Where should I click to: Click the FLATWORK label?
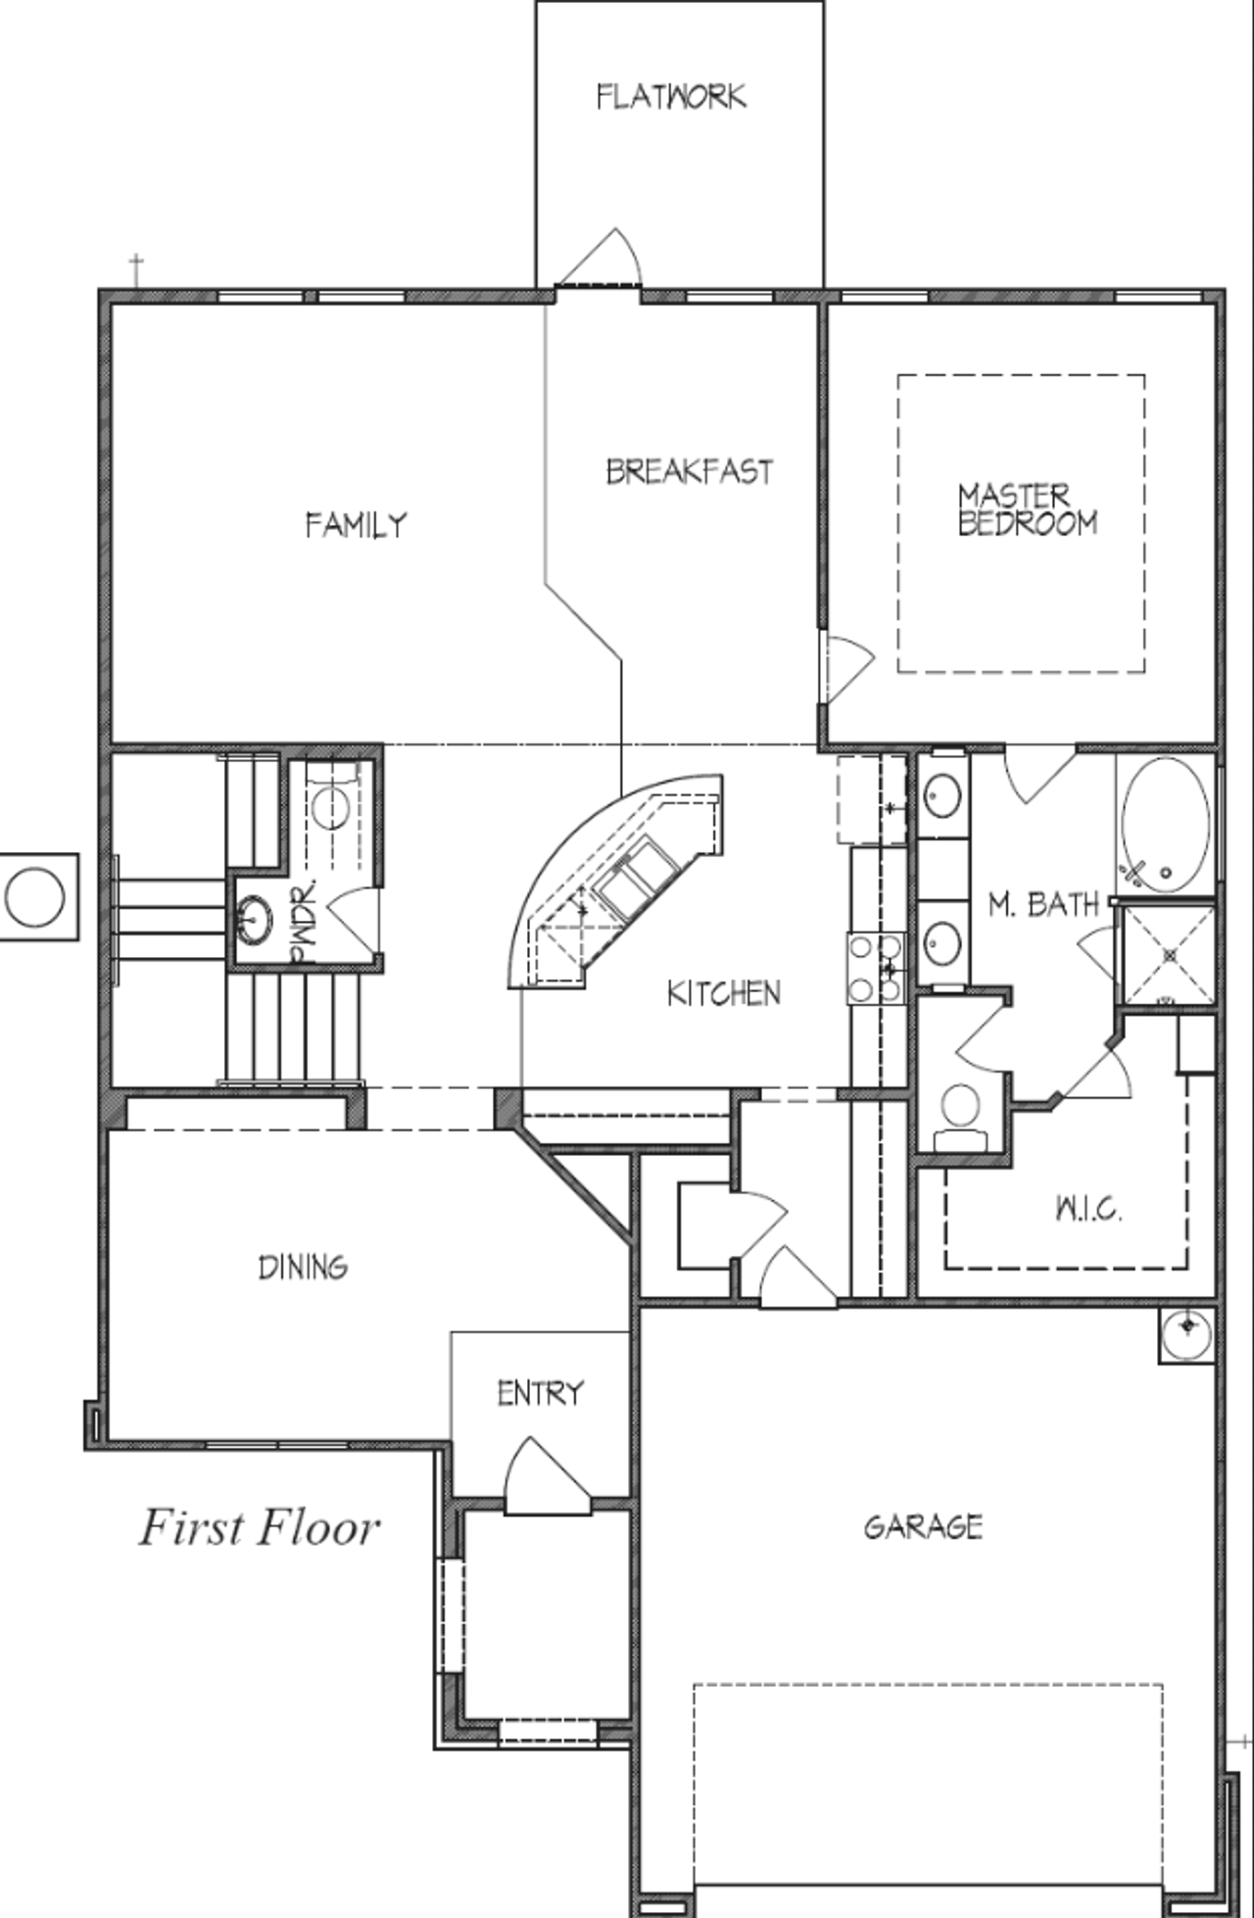pyautogui.click(x=671, y=96)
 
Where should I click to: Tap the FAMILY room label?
pyautogui.click(x=355, y=525)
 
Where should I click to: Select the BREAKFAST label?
pyautogui.click(x=689, y=472)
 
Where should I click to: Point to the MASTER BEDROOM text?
pyautogui.click(x=1027, y=509)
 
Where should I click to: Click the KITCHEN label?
pyautogui.click(x=724, y=993)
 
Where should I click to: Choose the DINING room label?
pyautogui.click(x=303, y=1268)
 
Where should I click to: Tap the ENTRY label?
pyautogui.click(x=540, y=1393)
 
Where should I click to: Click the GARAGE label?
pyautogui.click(x=923, y=1527)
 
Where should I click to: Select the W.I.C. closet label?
pyautogui.click(x=1088, y=1211)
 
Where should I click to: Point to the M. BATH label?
pyautogui.click(x=1043, y=904)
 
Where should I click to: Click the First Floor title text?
pyautogui.click(x=259, y=1527)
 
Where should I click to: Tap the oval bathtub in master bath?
pyautogui.click(x=1165, y=824)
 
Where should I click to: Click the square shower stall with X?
pyautogui.click(x=1167, y=955)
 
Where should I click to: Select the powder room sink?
pyautogui.click(x=255, y=919)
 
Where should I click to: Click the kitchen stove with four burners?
pyautogui.click(x=876, y=968)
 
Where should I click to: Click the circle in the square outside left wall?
pyautogui.click(x=36, y=896)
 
